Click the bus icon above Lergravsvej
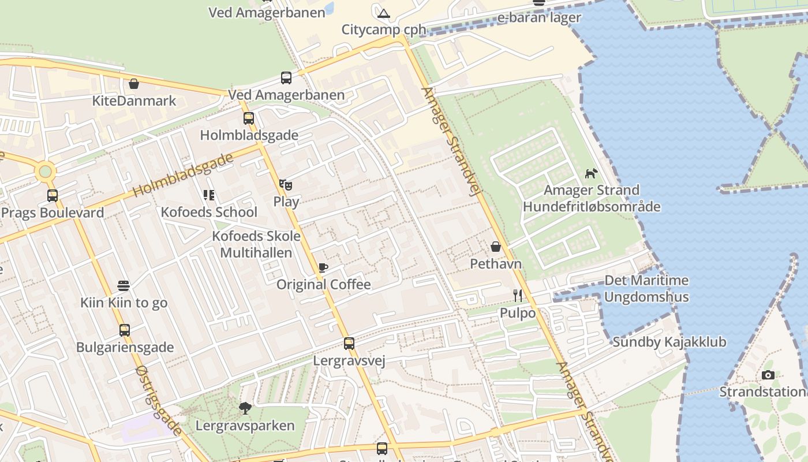coord(349,344)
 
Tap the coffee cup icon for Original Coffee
coord(323,267)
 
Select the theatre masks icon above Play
coord(286,185)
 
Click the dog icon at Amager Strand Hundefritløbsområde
coord(591,173)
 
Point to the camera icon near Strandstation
coord(768,375)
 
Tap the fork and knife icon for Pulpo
coord(518,296)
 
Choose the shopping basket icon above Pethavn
coord(495,247)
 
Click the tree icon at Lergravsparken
coord(245,408)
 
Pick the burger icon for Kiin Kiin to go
coord(124,285)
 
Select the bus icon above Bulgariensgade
coord(125,330)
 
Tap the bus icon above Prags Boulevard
coord(53,196)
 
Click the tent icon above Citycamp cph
coord(384,13)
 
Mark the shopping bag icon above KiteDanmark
coord(134,84)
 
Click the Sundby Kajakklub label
coord(669,342)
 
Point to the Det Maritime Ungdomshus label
coord(646,289)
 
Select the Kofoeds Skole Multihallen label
coord(256,244)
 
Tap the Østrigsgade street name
coord(159,401)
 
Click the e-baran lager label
coord(539,17)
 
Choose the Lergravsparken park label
coord(245,426)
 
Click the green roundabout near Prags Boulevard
coord(45,171)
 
